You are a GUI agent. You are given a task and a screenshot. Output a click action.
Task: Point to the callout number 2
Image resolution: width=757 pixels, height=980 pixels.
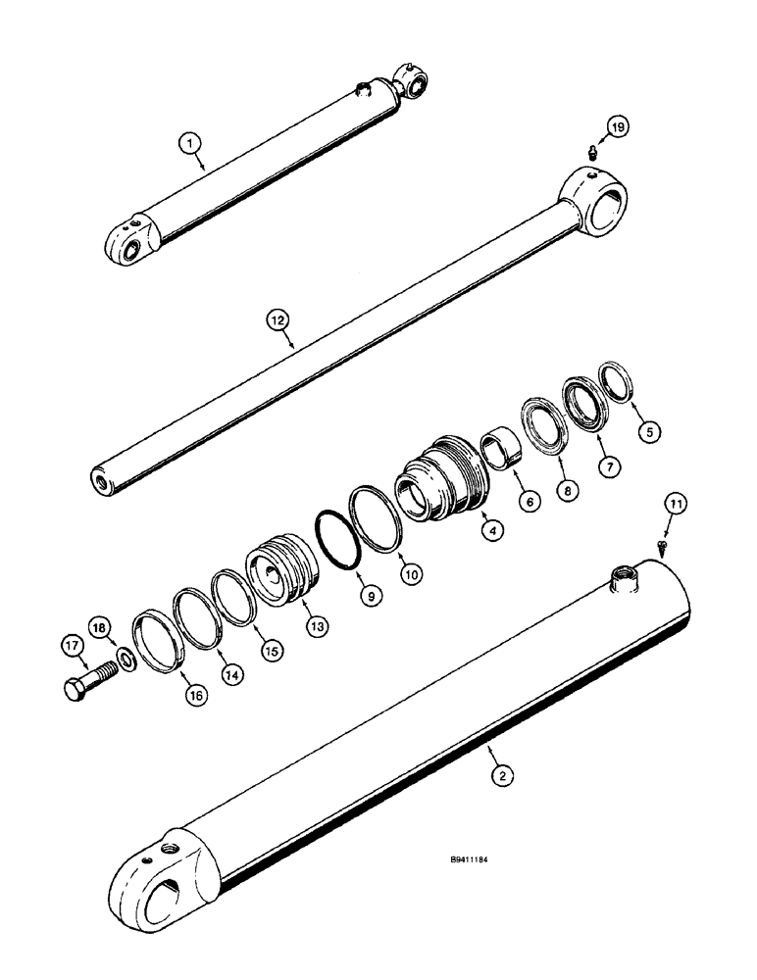[x=501, y=776]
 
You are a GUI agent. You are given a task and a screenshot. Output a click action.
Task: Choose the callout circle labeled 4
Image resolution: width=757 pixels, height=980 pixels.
[x=495, y=530]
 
